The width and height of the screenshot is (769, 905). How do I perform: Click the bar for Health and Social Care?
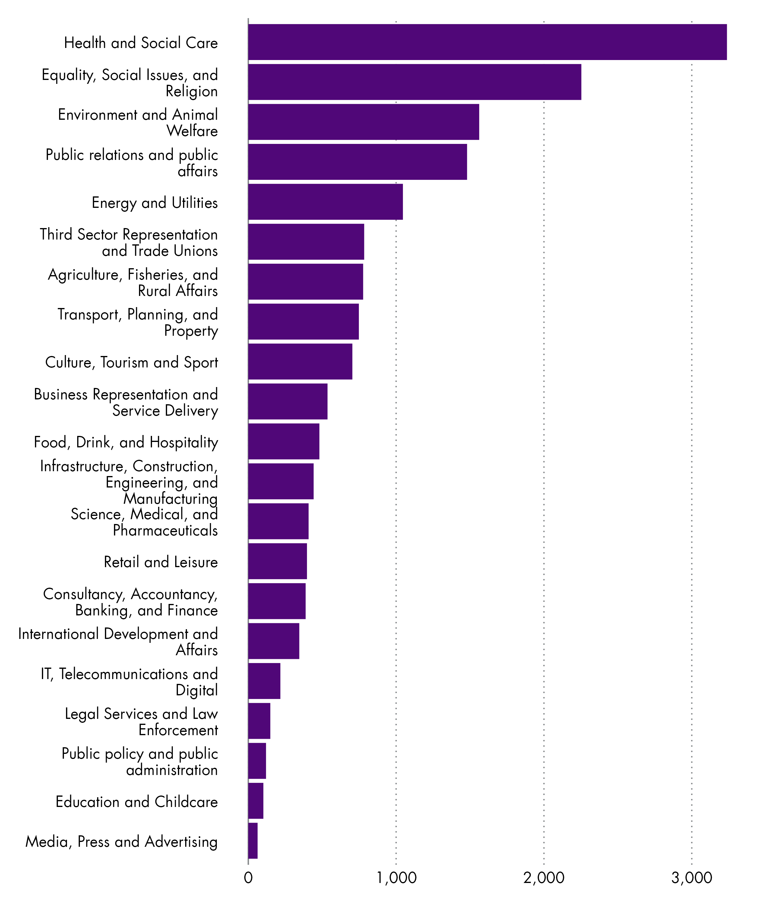point(487,42)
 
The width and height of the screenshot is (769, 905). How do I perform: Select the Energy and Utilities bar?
point(325,202)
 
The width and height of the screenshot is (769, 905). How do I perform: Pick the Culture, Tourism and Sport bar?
point(300,362)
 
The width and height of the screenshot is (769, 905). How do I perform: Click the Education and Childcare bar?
point(255,801)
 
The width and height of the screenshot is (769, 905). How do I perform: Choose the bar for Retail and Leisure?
point(277,561)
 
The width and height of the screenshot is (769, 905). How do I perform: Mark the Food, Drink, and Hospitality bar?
point(283,441)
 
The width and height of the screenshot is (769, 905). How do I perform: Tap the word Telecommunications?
point(138,674)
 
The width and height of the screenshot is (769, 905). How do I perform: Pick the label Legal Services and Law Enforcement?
point(141,722)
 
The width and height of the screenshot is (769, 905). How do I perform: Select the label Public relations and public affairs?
point(132,163)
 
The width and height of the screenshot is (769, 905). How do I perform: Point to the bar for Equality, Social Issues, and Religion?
point(414,82)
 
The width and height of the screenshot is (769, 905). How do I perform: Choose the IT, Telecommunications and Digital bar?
point(264,681)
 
